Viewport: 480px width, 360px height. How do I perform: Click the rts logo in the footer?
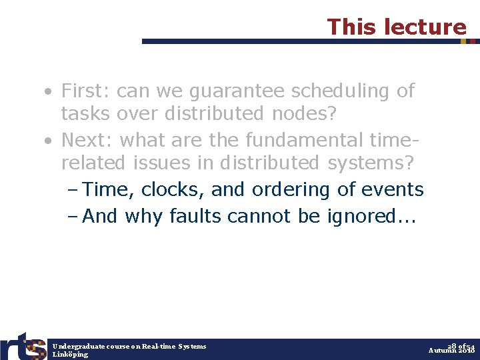23,346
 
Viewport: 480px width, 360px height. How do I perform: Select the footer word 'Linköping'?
70,355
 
